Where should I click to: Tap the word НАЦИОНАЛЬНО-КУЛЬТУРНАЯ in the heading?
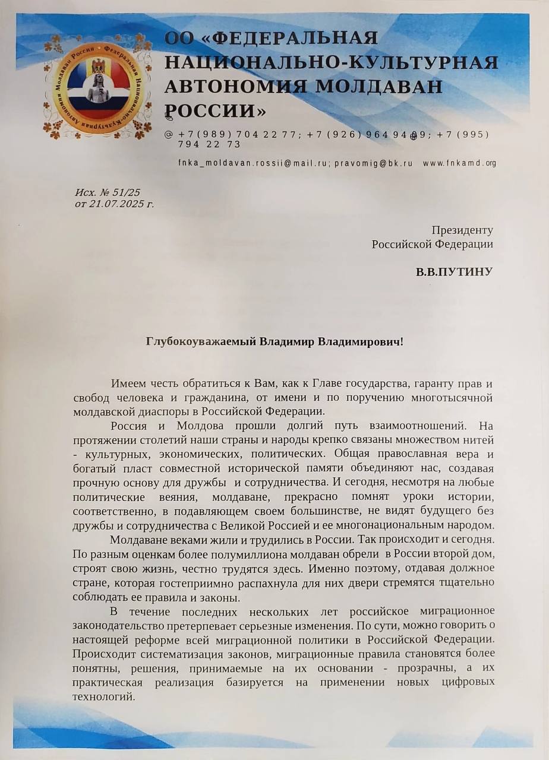click(x=331, y=62)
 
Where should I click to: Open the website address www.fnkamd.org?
click(x=459, y=163)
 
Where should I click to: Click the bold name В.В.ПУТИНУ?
click(x=454, y=273)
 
